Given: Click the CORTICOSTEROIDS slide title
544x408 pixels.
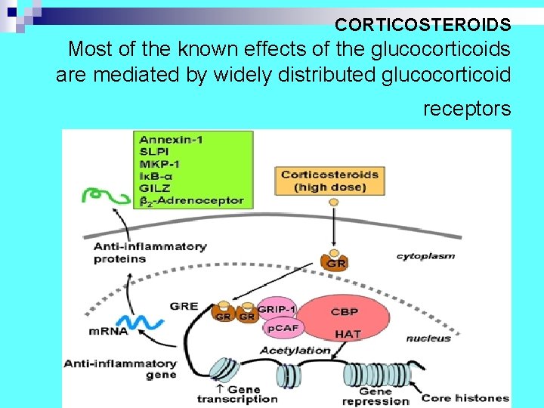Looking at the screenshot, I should coord(423,25).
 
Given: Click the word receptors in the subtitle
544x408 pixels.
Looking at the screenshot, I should coord(466,109).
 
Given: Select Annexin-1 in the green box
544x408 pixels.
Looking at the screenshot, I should coord(171,140).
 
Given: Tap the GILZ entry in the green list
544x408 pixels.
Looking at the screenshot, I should coord(155,188).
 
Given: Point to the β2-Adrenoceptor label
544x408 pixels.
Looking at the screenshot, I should coord(192,200).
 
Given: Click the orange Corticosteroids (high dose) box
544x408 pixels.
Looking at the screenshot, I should coord(329,181).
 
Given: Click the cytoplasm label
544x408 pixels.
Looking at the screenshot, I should coord(425,256).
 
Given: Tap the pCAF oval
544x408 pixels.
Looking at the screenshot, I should coord(281,328).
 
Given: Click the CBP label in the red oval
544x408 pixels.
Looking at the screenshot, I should coord(344,311).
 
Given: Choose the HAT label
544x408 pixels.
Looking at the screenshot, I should coord(348,333).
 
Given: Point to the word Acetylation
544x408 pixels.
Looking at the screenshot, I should coord(295,350).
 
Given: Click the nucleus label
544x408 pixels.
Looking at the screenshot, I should coord(428,338).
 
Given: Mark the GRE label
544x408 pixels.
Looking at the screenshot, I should coord(184,307).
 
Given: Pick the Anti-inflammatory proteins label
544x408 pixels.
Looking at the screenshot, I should coord(150,252).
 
